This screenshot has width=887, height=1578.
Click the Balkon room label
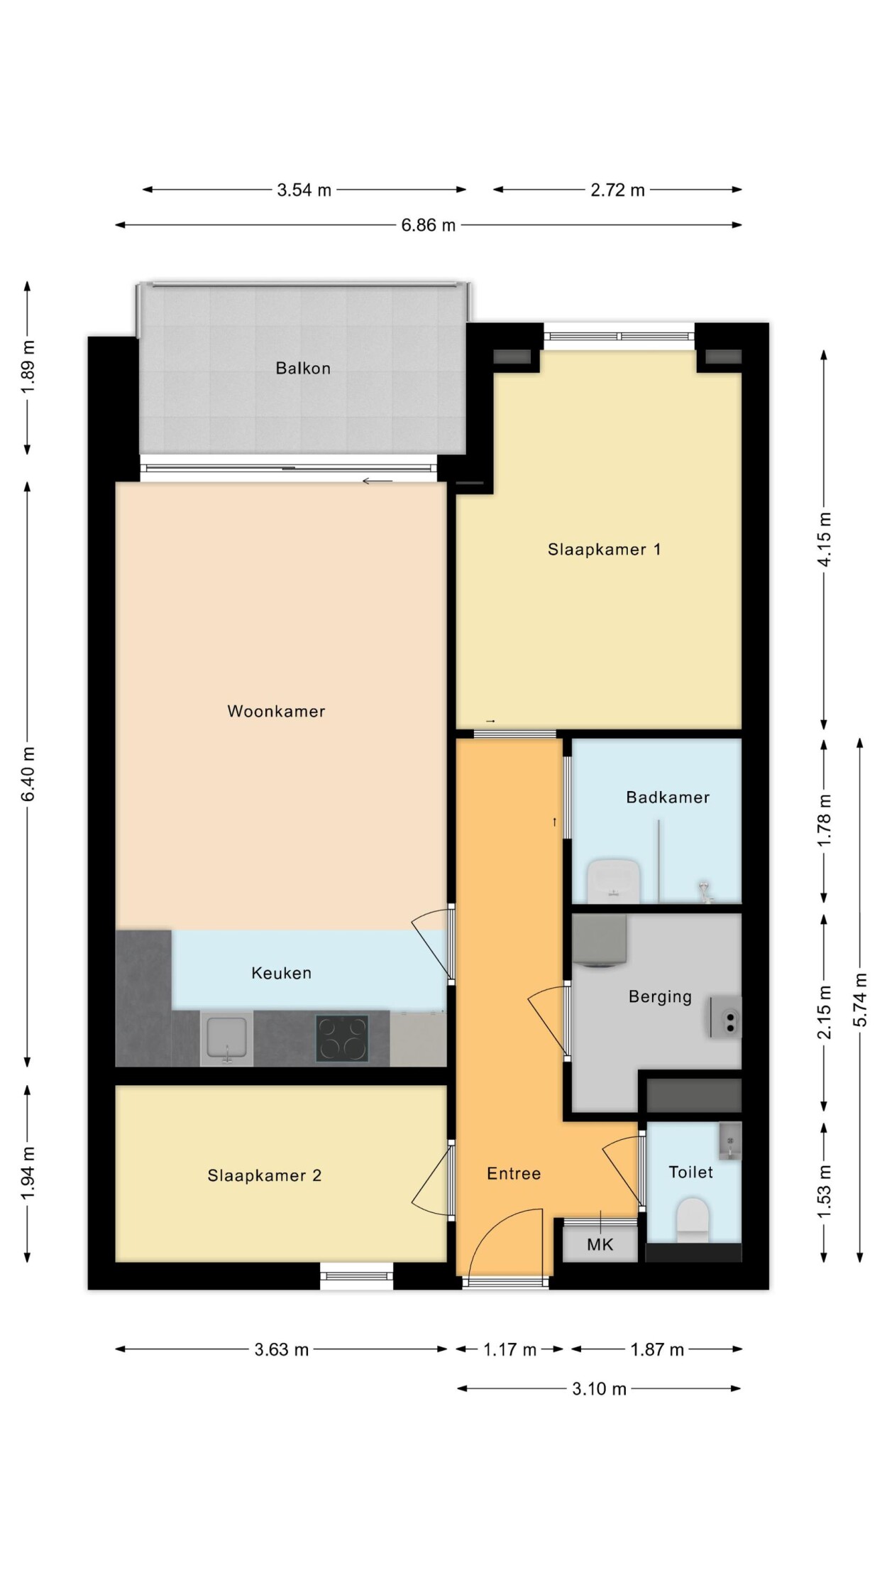click(x=303, y=368)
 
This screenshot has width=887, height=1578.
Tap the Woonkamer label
click(x=276, y=711)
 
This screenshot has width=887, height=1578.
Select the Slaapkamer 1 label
click(x=605, y=549)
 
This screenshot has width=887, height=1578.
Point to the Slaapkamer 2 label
click(x=265, y=1175)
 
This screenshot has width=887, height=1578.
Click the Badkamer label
click(x=668, y=797)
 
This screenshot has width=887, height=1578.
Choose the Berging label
click(x=660, y=997)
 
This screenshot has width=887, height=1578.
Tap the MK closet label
click(x=600, y=1244)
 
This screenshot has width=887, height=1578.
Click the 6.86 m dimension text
click(x=429, y=225)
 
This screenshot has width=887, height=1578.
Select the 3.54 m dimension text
click(x=304, y=190)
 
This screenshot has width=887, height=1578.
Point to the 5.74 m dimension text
click(x=860, y=999)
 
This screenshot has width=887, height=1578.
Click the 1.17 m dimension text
click(x=510, y=1349)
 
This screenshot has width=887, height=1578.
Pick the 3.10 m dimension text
click(x=600, y=1388)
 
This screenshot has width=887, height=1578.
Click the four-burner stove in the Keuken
click(x=342, y=1038)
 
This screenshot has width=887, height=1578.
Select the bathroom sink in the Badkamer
click(x=615, y=881)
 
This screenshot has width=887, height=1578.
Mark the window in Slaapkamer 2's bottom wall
click(x=356, y=1276)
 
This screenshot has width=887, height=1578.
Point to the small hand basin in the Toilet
click(x=730, y=1141)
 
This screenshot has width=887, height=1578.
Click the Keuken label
click(x=282, y=973)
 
